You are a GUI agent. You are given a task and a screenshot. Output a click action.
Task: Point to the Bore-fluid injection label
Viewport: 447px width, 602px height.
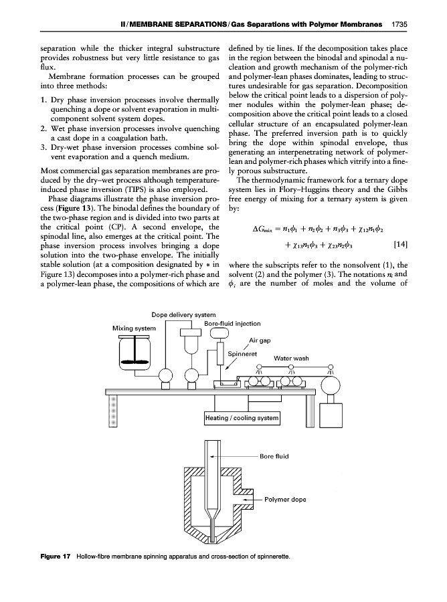(x=232, y=324)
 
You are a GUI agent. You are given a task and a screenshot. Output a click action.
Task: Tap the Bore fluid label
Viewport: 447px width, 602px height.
(x=274, y=456)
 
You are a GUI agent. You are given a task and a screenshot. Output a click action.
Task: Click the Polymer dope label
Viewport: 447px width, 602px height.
(x=286, y=500)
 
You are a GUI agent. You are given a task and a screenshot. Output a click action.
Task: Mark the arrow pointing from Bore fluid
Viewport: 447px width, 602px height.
(x=234, y=456)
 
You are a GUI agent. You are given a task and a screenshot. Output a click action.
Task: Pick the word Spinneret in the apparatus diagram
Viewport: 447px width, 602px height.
(x=243, y=354)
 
